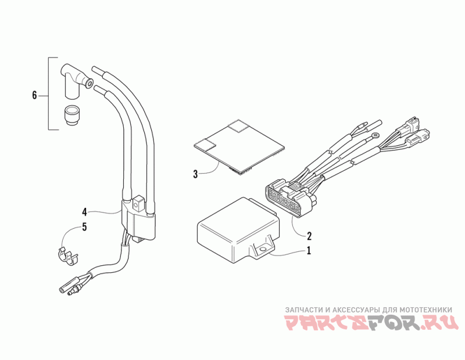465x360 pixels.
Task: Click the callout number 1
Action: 309,251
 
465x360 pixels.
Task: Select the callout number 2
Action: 309,236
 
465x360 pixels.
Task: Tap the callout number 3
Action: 196,173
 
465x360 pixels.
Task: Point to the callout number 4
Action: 84,211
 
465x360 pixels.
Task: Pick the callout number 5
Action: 84,227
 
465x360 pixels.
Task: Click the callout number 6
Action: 34,95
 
